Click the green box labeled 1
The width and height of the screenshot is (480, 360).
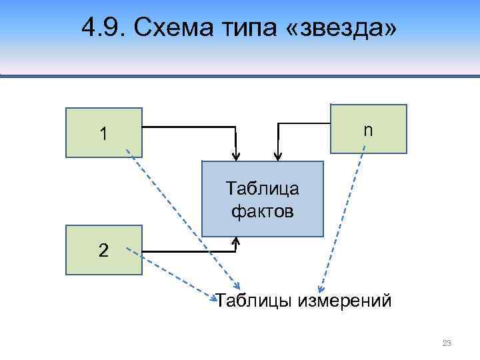(104, 133)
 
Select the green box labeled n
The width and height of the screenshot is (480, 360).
(369, 129)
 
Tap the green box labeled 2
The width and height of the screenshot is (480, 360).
(104, 250)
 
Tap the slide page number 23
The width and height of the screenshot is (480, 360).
(447, 343)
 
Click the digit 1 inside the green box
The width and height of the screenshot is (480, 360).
(103, 134)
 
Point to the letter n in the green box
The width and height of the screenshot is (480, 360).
(368, 131)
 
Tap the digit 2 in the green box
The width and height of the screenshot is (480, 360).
(103, 251)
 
